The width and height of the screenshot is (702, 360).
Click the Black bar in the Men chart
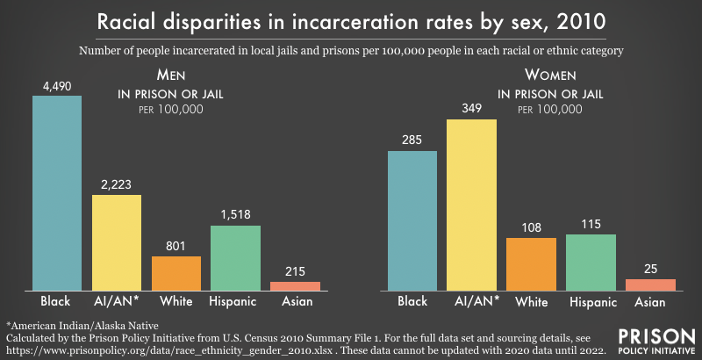coord(57,193)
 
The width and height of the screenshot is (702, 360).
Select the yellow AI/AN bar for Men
coord(117,242)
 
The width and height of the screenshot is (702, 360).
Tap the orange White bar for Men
coord(176,273)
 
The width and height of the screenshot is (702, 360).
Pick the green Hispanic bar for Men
coord(236,258)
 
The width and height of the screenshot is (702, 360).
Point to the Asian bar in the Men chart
coord(296,286)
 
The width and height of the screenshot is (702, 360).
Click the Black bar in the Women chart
coord(412,220)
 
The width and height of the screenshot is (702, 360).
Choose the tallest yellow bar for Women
coord(472,205)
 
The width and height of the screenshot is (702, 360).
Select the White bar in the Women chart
coord(532,264)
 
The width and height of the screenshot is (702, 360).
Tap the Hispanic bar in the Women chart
coord(591,263)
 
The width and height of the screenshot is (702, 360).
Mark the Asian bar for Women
coord(651,284)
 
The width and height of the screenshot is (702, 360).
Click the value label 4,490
coord(57,86)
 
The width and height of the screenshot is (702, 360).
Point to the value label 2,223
coord(117,185)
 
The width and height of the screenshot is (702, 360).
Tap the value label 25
coord(651,270)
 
